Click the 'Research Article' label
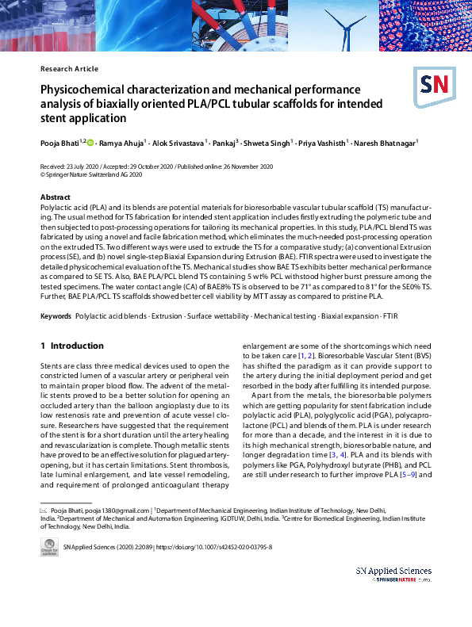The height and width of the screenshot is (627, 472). pos(69,69)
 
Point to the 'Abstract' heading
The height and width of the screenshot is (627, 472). pos(55,197)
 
